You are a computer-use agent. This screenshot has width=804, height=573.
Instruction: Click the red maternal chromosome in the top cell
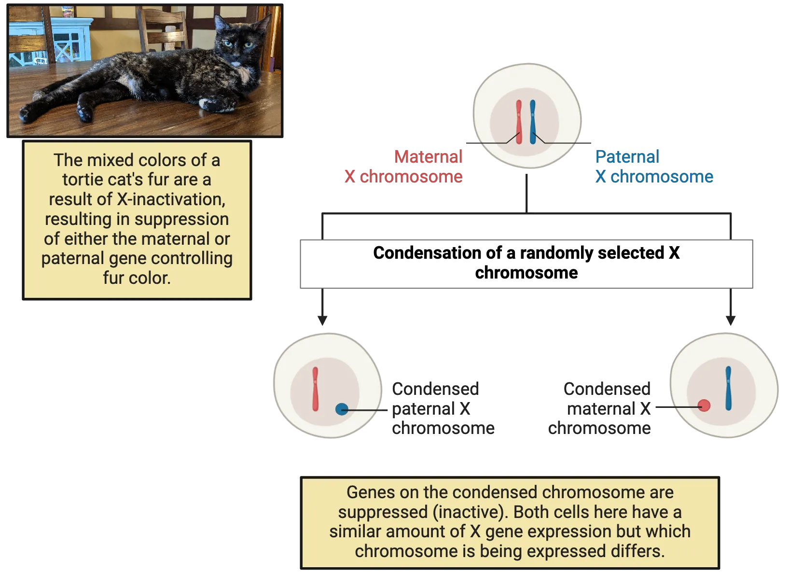tap(519, 123)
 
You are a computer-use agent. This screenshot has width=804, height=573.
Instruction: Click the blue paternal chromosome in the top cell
tap(533, 123)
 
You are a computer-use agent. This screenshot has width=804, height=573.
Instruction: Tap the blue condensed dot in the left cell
tap(342, 409)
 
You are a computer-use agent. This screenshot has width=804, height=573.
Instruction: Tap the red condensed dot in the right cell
tap(704, 405)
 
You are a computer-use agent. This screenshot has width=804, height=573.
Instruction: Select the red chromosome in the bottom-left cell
tap(315, 389)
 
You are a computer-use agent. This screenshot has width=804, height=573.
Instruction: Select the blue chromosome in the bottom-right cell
tap(728, 388)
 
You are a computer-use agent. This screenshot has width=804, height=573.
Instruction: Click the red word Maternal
tap(428, 156)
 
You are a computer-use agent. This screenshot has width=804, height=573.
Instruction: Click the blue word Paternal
tap(627, 156)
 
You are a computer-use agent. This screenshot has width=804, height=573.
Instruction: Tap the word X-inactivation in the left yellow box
tap(171, 199)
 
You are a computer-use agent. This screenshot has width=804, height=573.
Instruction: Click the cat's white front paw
tap(211, 103)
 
